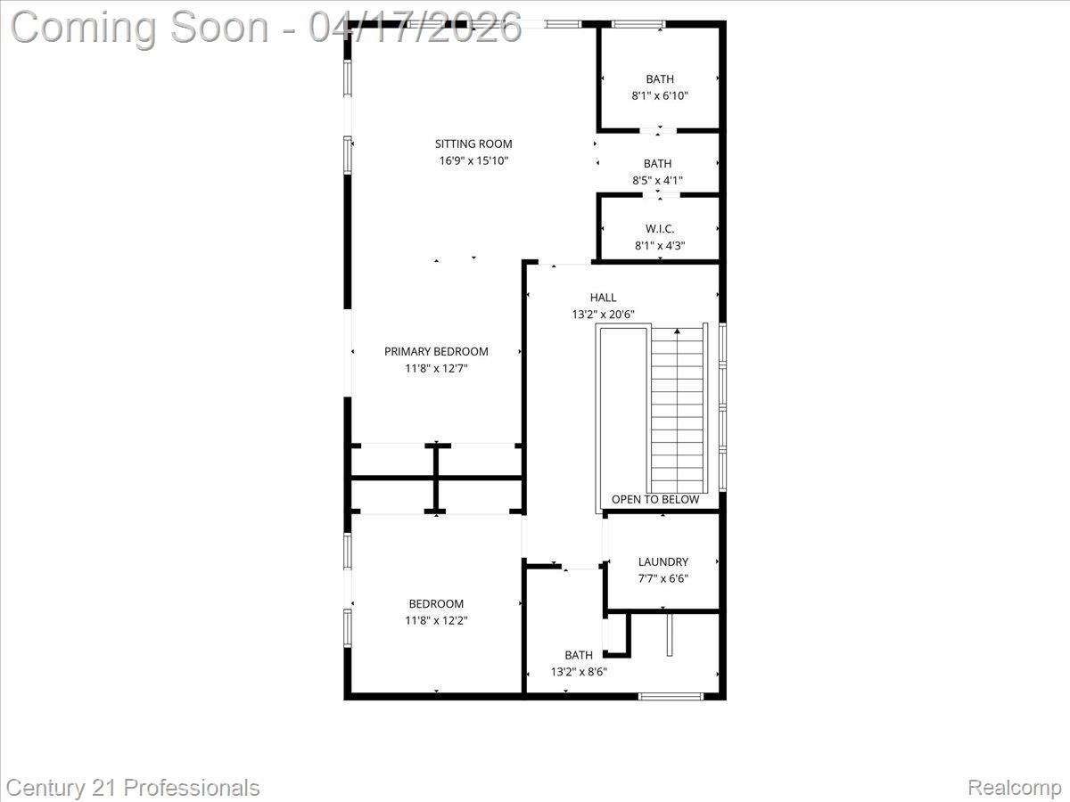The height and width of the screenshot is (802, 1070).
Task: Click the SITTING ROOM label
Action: click(473, 143)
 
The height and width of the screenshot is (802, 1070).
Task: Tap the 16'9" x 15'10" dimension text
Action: click(473, 160)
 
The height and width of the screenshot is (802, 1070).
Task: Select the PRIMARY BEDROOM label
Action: click(436, 351)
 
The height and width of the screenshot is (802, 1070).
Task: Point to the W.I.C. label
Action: click(660, 229)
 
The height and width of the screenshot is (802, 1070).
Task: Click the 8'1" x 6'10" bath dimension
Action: click(660, 95)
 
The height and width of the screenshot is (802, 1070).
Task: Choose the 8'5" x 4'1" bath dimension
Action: click(657, 180)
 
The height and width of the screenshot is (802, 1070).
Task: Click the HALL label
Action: click(603, 298)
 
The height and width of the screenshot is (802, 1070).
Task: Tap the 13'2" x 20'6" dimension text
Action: click(603, 315)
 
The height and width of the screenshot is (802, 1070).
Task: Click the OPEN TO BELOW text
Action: click(655, 500)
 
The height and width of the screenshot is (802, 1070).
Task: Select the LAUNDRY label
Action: click(663, 561)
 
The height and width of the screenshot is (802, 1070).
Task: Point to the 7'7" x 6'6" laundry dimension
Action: click(663, 578)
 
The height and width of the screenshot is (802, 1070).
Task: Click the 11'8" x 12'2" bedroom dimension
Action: click(436, 620)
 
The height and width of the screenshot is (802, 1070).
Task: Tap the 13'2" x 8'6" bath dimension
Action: click(578, 672)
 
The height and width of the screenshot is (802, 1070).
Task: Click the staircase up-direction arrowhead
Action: click(677, 332)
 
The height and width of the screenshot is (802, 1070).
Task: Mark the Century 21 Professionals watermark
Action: click(130, 788)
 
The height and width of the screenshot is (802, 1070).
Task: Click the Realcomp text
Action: click(1014, 788)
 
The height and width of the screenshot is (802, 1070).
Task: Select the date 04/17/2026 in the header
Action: click(416, 27)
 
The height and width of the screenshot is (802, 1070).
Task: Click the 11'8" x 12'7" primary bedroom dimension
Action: click(436, 368)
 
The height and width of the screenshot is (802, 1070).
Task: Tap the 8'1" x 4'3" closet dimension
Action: click(660, 246)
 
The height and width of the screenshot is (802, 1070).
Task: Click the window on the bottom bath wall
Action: click(671, 696)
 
